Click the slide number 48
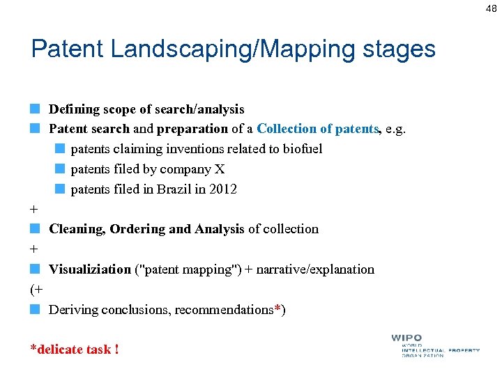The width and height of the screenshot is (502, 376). [491, 8]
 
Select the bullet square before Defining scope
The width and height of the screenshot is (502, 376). [35, 109]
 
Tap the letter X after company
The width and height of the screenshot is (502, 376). [221, 169]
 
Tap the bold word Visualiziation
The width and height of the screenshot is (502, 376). [90, 269]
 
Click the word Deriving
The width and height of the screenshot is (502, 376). [73, 309]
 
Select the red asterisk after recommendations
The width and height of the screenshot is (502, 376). [277, 308]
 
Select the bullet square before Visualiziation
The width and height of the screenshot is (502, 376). [35, 269]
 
